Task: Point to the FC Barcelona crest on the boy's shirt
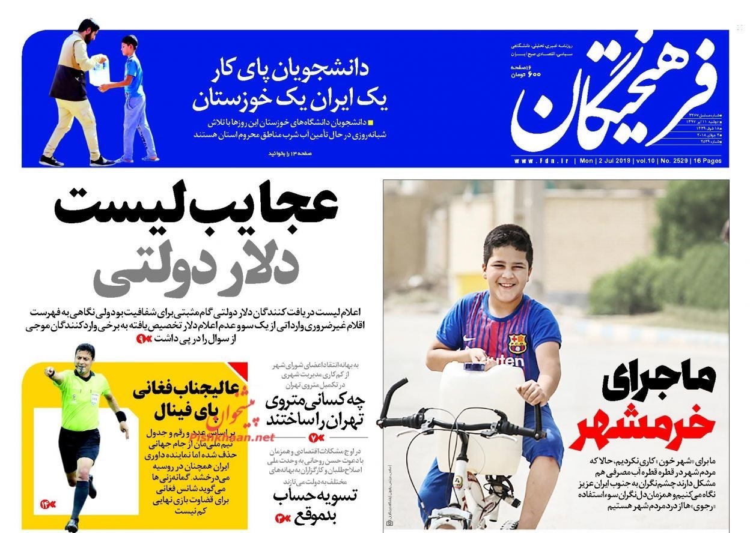[516, 343]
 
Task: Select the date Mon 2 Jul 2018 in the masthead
[607, 161]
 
